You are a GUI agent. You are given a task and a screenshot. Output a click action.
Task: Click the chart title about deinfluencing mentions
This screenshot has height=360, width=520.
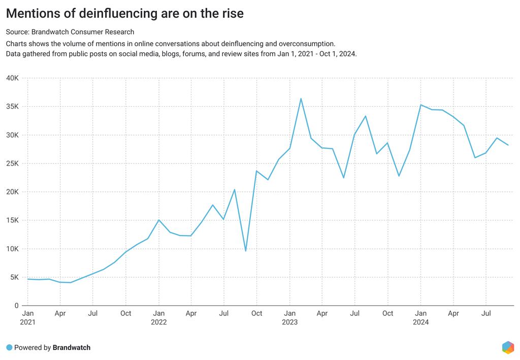tap(125, 14)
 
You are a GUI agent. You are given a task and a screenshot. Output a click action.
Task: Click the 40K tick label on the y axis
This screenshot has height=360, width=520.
tap(12, 78)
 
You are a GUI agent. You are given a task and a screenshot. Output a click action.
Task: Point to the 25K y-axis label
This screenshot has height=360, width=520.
tap(12, 163)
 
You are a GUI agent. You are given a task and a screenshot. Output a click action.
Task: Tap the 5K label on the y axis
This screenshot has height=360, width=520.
tap(14, 277)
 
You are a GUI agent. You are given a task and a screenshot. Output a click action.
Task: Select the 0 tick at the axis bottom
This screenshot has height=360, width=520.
tap(17, 306)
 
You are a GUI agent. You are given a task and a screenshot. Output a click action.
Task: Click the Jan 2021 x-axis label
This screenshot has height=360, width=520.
tap(28, 317)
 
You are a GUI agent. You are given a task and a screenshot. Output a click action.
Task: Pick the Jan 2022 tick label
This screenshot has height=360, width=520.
tap(159, 317)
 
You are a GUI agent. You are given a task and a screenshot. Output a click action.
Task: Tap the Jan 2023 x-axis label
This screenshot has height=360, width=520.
tap(290, 317)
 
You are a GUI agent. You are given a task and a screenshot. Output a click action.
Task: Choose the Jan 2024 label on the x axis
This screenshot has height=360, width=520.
tap(420, 317)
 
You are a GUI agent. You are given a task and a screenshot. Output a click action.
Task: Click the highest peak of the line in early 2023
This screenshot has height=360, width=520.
tap(301, 99)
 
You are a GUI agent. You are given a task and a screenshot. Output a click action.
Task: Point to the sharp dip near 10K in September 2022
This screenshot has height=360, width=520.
tap(246, 251)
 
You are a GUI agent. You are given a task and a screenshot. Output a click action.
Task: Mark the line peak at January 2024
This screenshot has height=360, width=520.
tap(420, 105)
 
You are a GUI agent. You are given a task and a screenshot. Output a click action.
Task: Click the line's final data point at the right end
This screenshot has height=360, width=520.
tap(508, 145)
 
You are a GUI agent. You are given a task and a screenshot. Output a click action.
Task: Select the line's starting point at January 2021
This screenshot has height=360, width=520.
tap(28, 279)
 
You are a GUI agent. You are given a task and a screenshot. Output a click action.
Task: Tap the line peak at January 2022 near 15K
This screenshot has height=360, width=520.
tap(159, 220)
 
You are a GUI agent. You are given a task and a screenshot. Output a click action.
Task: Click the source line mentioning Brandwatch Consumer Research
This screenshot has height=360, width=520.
tap(70, 32)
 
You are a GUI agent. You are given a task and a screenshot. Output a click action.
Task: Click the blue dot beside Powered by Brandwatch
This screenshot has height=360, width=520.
tap(9, 348)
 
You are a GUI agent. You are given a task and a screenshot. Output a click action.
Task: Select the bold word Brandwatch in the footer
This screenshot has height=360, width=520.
tap(72, 348)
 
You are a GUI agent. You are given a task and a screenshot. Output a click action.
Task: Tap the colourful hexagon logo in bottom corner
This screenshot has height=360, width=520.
tap(508, 347)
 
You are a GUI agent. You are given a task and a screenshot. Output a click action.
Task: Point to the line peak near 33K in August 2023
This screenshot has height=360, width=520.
tap(366, 116)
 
